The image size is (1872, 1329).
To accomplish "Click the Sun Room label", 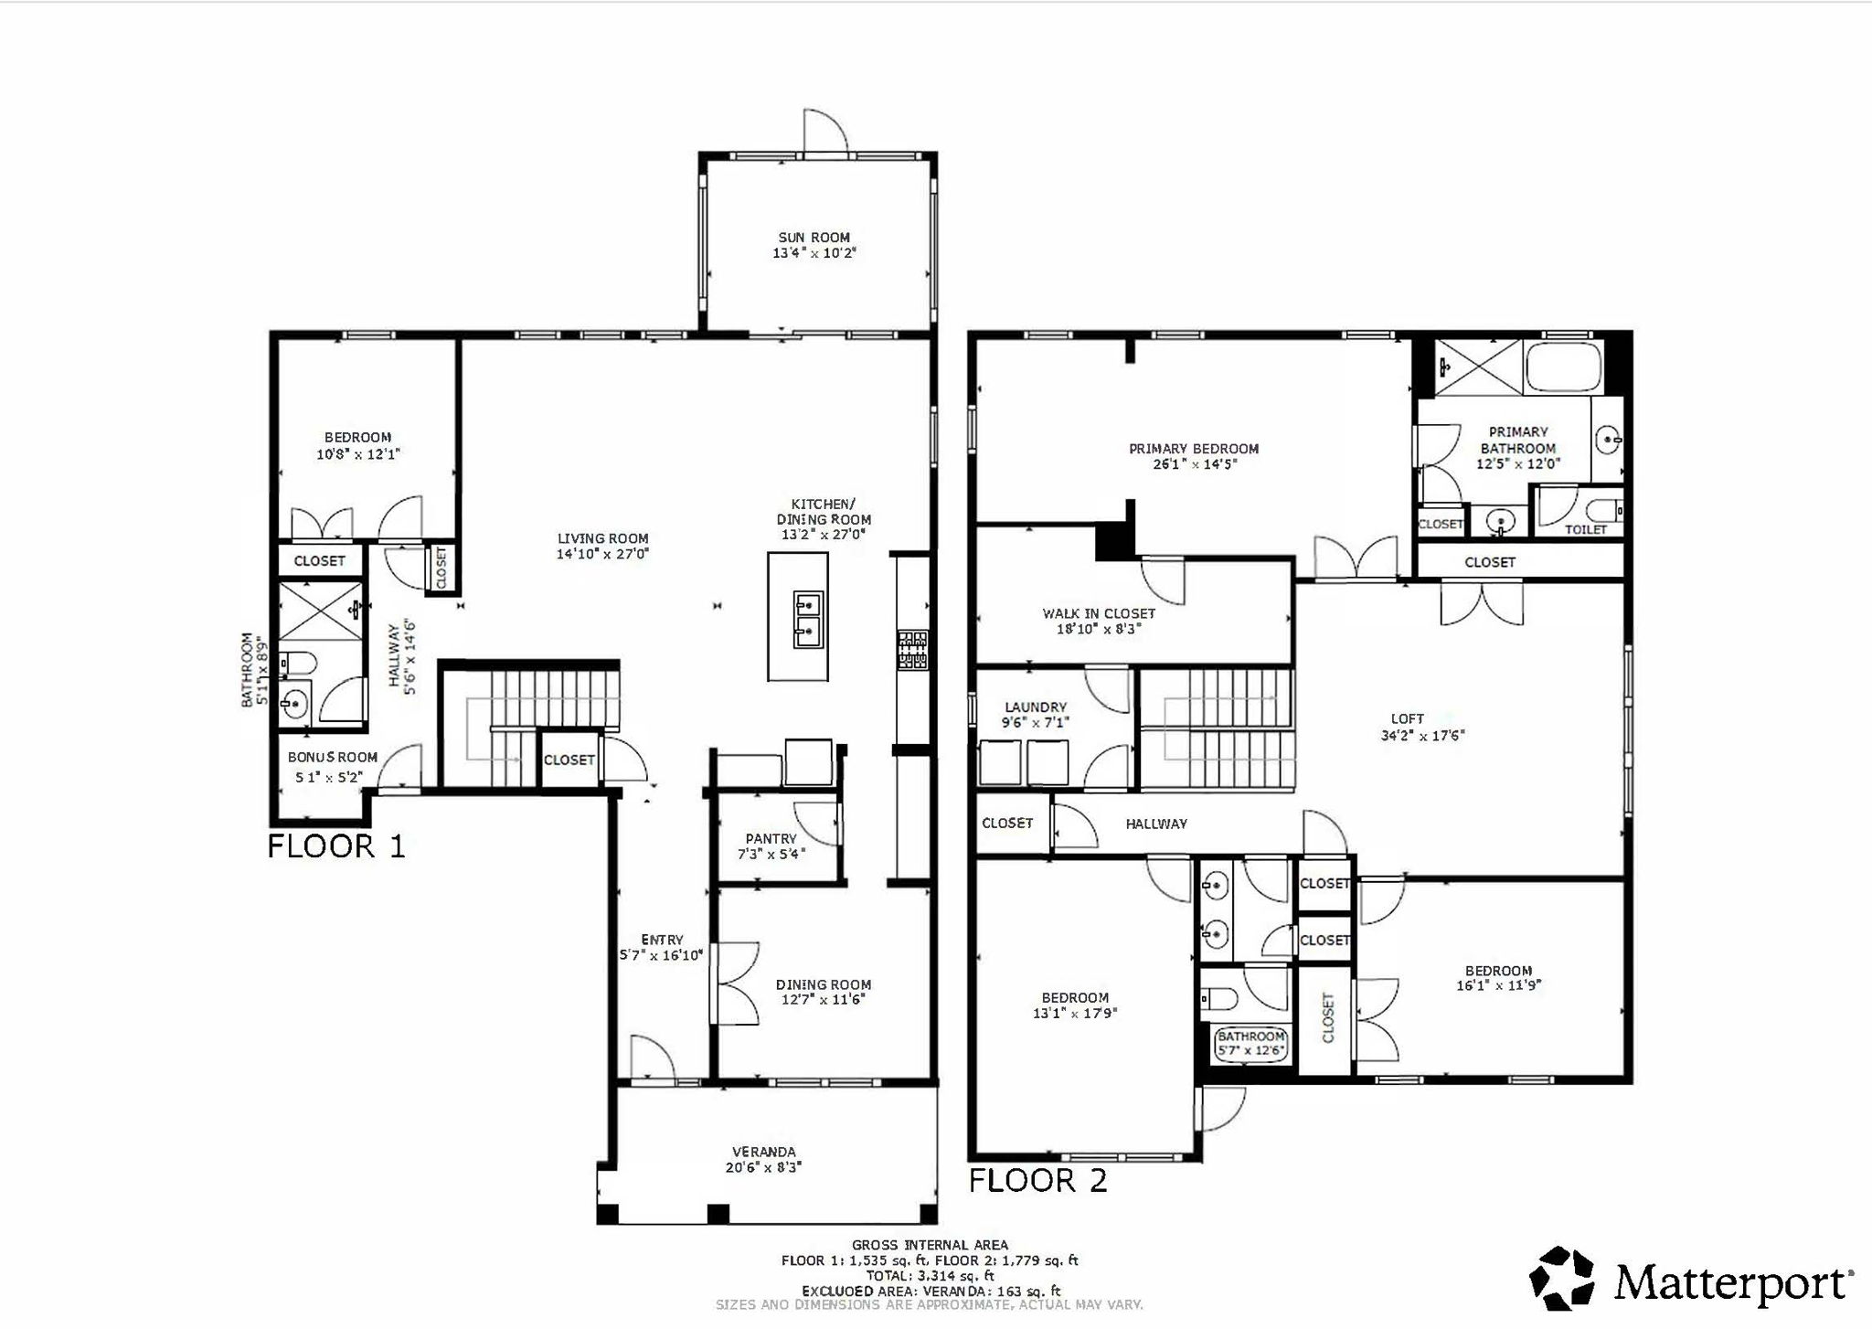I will [814, 238].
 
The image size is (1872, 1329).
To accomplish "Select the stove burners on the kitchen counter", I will [912, 650].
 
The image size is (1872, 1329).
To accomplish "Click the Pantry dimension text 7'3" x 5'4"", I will [771, 854].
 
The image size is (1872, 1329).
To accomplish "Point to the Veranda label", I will [763, 1152].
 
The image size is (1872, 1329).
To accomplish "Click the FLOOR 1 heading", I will [335, 846].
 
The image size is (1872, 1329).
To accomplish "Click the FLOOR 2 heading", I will [1037, 1181].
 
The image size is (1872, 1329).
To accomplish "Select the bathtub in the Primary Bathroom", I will [1563, 367].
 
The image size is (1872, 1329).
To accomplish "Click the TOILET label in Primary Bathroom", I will [1585, 529].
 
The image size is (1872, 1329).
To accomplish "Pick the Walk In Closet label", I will [1099, 613].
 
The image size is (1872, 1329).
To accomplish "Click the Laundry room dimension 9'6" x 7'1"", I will [1035, 722].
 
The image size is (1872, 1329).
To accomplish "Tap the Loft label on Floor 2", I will [1407, 719].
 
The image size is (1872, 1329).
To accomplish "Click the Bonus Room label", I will [332, 757].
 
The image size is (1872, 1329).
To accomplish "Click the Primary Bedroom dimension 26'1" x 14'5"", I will [1193, 464].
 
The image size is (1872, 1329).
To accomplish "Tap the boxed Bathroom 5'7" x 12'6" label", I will [1250, 1044].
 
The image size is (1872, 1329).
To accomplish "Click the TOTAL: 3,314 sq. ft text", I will [929, 1276].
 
